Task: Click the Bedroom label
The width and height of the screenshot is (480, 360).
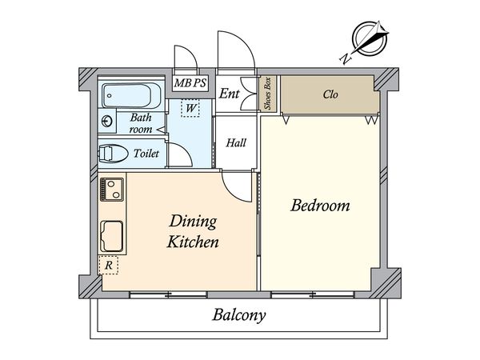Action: click(x=320, y=206)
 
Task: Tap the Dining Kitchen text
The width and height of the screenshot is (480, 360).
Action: click(x=192, y=230)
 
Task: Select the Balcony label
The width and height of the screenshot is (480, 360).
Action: click(x=239, y=314)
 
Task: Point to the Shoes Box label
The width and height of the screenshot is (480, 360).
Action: click(x=268, y=95)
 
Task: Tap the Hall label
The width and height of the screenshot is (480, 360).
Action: click(x=235, y=143)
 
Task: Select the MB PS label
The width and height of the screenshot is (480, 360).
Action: click(x=190, y=83)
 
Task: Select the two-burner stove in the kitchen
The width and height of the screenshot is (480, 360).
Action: click(x=112, y=190)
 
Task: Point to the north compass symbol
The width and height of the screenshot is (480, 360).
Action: click(x=369, y=41)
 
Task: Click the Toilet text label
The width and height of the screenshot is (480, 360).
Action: click(x=146, y=153)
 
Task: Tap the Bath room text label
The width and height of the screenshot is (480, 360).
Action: click(x=141, y=122)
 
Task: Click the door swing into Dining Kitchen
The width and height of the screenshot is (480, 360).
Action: click(x=238, y=186)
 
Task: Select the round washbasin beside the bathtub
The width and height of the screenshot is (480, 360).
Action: click(x=107, y=122)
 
